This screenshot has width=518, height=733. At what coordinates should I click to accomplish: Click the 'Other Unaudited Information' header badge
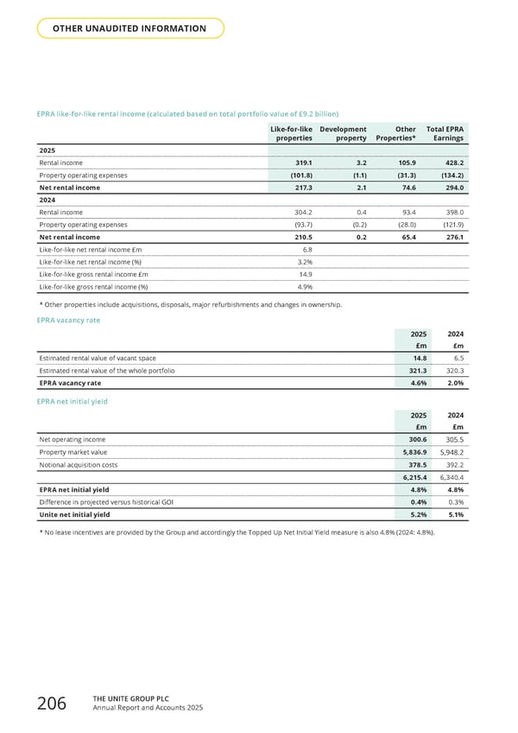click(x=130, y=29)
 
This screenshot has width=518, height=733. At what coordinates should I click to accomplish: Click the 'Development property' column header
click(x=343, y=133)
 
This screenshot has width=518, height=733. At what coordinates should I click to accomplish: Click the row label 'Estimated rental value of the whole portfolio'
click(x=107, y=371)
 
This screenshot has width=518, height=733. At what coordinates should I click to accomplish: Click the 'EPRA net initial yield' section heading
click(x=74, y=402)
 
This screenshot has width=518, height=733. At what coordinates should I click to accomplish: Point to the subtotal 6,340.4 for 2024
click(x=450, y=477)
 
